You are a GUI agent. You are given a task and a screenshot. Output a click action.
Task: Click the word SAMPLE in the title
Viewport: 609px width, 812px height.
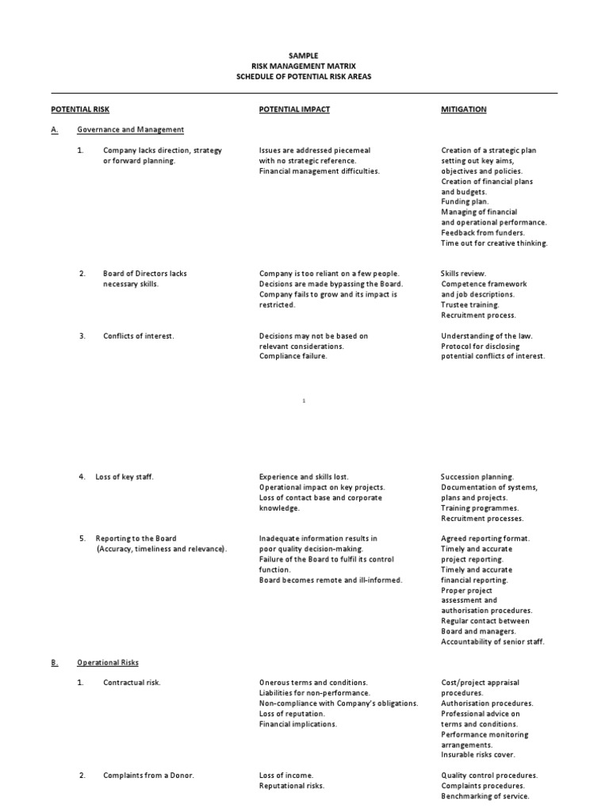[x=304, y=56]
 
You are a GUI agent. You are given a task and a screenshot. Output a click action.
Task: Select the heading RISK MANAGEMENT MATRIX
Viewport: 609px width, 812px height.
[x=304, y=66]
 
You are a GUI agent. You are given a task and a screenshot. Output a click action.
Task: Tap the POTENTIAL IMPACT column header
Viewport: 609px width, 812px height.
[x=294, y=109]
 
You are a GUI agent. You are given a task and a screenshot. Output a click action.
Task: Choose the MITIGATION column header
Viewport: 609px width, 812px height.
[x=464, y=109]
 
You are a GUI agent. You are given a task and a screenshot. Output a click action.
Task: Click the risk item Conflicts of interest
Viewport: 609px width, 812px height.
[x=138, y=336]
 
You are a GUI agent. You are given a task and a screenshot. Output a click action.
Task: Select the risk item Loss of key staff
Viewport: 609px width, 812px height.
[x=124, y=477]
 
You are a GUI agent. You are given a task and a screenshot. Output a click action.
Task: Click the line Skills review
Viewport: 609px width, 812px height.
[x=464, y=274]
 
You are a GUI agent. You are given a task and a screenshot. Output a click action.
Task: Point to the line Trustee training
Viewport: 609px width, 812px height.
[x=470, y=304]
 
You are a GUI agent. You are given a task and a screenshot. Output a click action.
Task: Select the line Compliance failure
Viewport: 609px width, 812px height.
[x=293, y=357]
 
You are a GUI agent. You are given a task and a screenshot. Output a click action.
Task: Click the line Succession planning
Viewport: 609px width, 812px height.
[x=477, y=477]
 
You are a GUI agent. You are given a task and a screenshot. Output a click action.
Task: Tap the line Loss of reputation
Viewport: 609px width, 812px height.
[x=292, y=714]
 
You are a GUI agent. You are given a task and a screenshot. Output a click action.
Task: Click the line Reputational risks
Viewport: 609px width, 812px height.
[x=292, y=786]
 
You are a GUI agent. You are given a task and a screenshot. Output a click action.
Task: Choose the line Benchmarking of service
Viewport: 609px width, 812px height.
[x=485, y=796]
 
